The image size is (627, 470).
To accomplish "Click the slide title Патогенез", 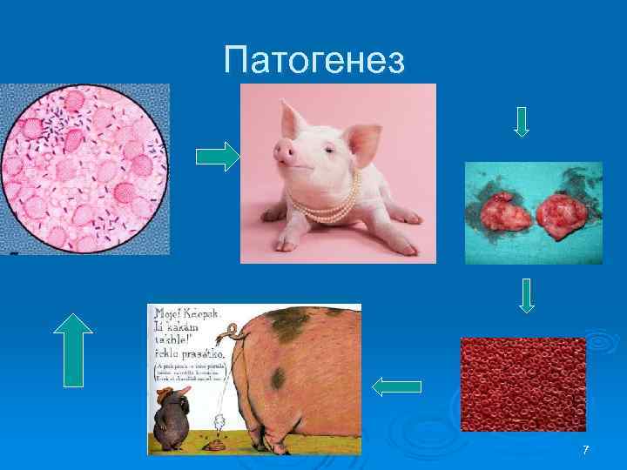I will pyautogui.click(x=313, y=61).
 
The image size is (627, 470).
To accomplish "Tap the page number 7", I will pyautogui.click(x=585, y=450).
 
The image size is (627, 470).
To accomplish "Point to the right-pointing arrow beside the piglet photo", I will pyautogui.click(x=217, y=158).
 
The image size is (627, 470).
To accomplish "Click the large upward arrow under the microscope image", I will pyautogui.click(x=73, y=347).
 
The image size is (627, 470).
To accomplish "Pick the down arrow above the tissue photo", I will pyautogui.click(x=521, y=121).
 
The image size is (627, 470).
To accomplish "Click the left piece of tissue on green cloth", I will pyautogui.click(x=495, y=213).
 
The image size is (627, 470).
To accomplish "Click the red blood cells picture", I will pyautogui.click(x=522, y=384).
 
